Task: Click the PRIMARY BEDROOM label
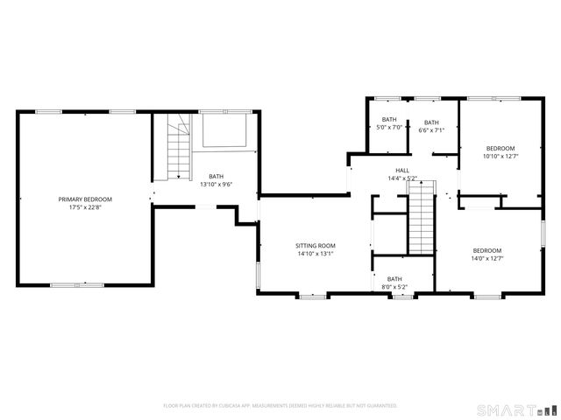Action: pos(85,199)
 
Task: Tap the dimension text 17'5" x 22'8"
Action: pos(85,208)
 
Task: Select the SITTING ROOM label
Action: pos(316,245)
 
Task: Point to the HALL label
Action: pos(401,171)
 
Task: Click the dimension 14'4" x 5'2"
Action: pos(401,178)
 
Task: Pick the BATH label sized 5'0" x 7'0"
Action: pos(388,120)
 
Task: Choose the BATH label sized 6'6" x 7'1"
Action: pos(431,122)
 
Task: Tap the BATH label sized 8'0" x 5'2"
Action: pos(394,278)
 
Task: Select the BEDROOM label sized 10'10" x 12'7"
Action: pos(501,148)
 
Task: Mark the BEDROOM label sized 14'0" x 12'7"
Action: pos(486,250)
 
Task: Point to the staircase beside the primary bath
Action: pos(179,147)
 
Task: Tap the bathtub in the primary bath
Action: pos(224,132)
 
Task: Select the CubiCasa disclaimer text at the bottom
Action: pos(280,406)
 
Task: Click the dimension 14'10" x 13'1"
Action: pos(316,254)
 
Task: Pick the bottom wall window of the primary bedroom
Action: pos(77,284)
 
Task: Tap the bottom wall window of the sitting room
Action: pos(312,296)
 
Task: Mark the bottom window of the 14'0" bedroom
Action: pos(488,296)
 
